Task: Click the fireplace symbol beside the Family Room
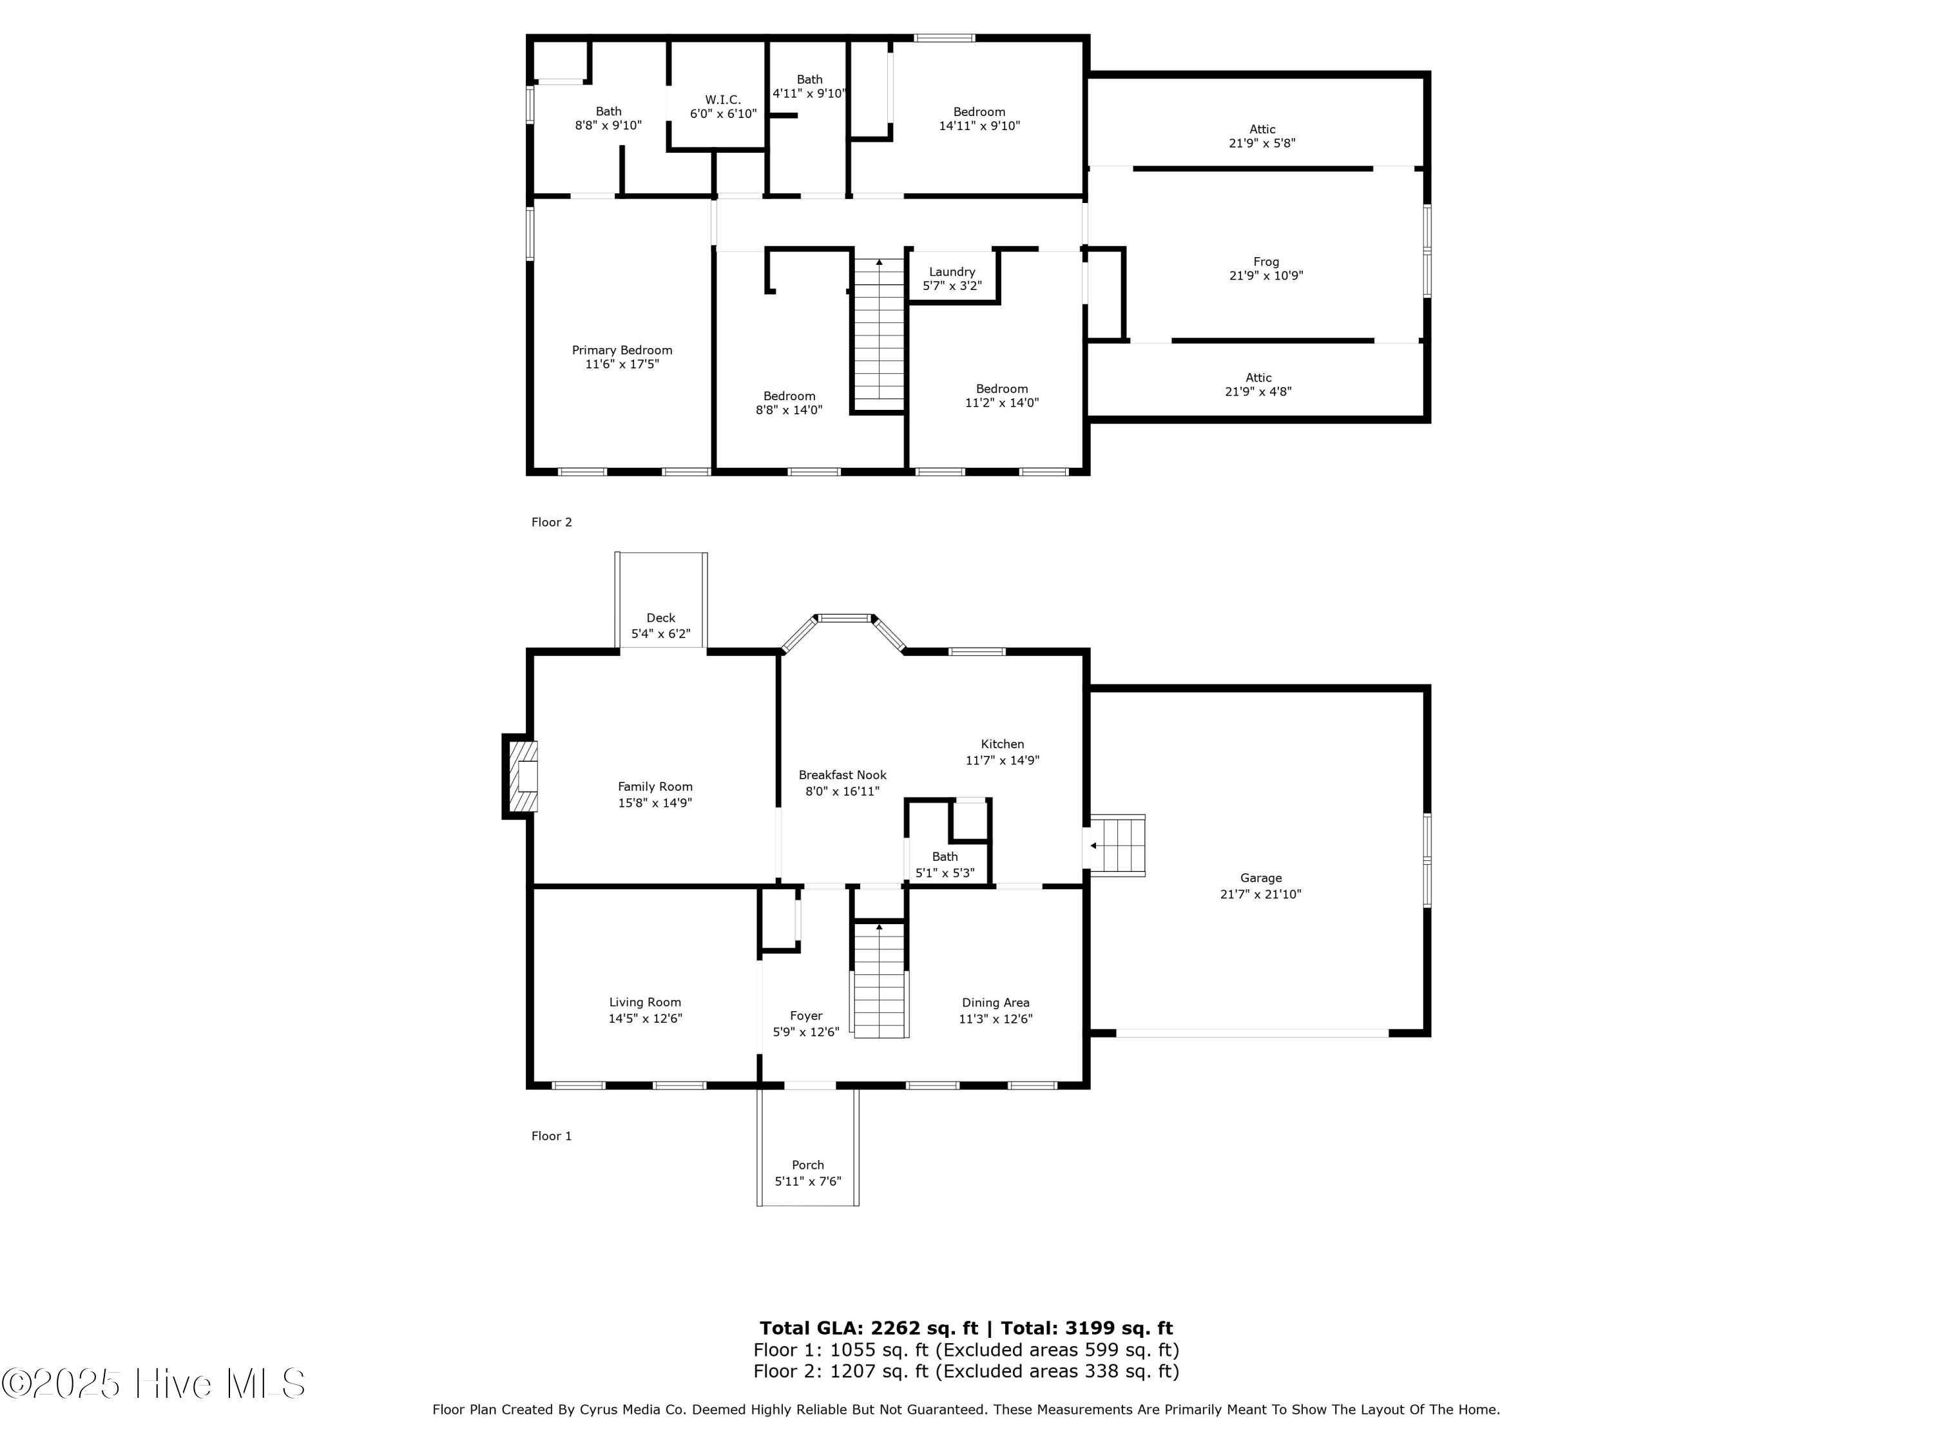(x=524, y=776)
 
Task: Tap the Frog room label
(x=1265, y=262)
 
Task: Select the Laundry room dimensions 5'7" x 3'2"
(x=952, y=285)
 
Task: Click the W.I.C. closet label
(x=723, y=100)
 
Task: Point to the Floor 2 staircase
(x=878, y=332)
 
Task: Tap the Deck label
(x=660, y=618)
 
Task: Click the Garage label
(x=1260, y=878)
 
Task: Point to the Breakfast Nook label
(x=842, y=775)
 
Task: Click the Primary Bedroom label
(x=622, y=349)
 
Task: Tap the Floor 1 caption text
(x=552, y=1136)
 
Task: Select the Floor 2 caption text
(x=552, y=522)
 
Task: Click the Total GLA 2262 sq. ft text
(x=868, y=1328)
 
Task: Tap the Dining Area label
(x=995, y=1003)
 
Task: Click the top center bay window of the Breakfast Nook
(x=845, y=618)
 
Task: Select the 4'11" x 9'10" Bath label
(x=809, y=93)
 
